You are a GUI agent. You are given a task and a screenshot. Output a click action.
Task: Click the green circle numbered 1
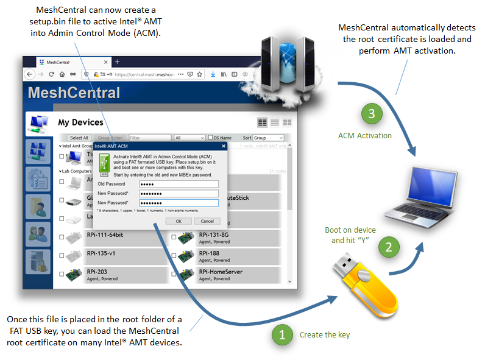281,334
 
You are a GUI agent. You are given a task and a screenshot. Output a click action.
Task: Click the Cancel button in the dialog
207,221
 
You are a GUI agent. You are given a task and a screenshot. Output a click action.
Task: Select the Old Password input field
178,184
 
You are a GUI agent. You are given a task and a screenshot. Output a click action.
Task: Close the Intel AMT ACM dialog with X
223,146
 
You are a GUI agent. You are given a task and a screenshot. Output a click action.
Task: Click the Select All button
79,138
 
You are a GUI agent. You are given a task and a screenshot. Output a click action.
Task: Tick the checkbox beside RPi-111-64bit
62,238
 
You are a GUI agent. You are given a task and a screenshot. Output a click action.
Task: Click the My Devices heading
80,122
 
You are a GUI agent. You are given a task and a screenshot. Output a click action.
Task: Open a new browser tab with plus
118,62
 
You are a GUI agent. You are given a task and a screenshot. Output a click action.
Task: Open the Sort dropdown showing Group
269,138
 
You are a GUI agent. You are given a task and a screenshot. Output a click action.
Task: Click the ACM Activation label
365,135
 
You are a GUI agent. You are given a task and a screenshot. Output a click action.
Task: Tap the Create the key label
325,335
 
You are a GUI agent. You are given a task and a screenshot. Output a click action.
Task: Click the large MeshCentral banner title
74,93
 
